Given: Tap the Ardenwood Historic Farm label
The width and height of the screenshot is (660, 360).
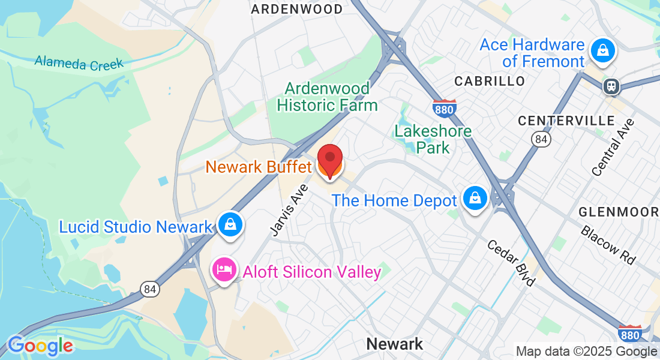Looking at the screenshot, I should tap(327, 97).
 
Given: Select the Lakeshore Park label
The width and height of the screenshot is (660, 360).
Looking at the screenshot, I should tap(433, 139).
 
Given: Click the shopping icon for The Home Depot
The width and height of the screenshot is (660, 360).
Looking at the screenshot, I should tap(475, 197).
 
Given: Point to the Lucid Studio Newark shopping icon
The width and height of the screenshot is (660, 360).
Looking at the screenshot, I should tap(229, 225).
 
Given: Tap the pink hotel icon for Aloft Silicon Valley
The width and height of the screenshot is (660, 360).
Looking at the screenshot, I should tap(223, 269).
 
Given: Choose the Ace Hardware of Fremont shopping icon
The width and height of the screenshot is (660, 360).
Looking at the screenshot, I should tap(601, 50).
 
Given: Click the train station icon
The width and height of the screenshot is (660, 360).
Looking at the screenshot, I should tap(611, 86).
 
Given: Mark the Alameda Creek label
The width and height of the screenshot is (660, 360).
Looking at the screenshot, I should tap(79, 62).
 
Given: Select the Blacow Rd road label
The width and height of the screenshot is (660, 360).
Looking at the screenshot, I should tap(608, 245).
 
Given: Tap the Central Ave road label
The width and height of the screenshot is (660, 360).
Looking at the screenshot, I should tap(613, 148).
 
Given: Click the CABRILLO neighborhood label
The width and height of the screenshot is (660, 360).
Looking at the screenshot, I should tap(490, 81).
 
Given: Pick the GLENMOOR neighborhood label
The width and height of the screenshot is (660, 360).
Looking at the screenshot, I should tap(619, 212).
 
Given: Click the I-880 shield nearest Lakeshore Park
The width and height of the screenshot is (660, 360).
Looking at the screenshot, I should tap(444, 108).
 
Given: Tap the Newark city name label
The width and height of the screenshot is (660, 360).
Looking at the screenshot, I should tap(394, 344).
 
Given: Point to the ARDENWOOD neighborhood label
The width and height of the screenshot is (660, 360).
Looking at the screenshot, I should tap(296, 9).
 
